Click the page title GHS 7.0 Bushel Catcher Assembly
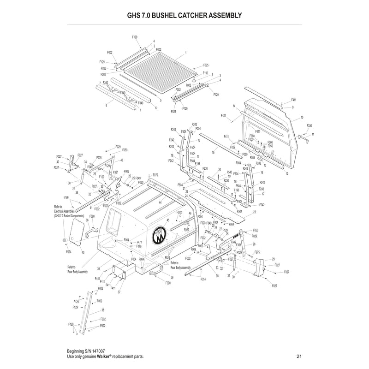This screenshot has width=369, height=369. point(184,15)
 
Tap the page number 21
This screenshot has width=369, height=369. point(299,356)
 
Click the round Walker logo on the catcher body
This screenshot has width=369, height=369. point(159,236)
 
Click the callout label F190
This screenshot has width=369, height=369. point(205,73)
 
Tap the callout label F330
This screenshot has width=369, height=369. point(309,125)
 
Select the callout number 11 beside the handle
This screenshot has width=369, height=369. point(313,134)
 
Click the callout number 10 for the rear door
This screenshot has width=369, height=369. point(302,118)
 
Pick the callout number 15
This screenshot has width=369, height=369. point(213,152)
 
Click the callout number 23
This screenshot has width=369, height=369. point(254,213)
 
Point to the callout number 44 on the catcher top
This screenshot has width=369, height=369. point(160,203)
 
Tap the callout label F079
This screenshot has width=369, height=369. point(155,175)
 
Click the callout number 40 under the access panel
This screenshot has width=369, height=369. point(83,252)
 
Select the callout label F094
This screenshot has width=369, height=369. point(69,252)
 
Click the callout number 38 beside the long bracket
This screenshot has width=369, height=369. point(102,309)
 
